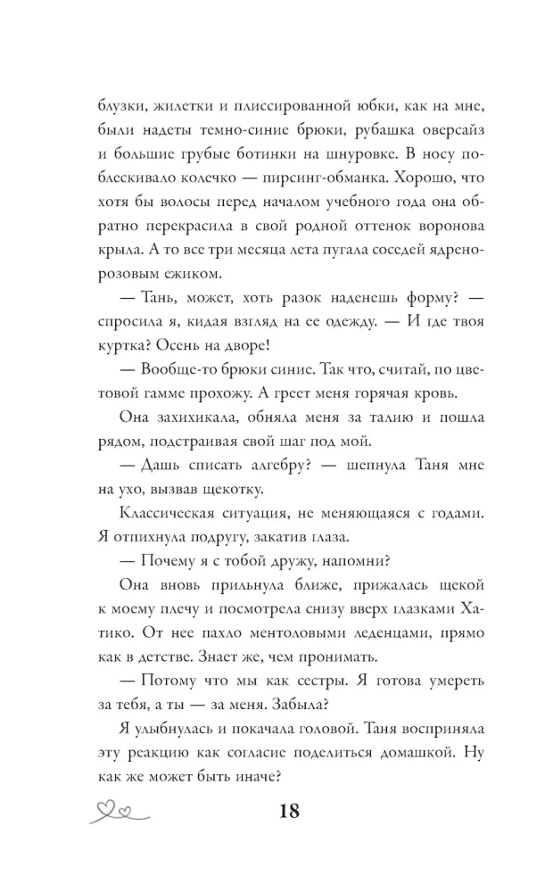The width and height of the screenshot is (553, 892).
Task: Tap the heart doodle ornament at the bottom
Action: point(122,812)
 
